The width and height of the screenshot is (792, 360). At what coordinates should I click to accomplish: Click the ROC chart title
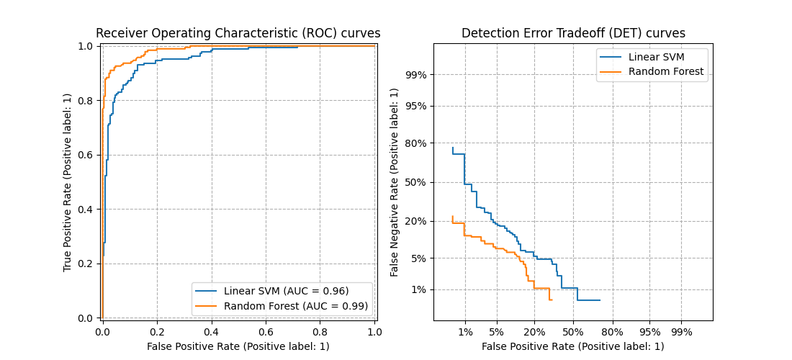[x=238, y=33]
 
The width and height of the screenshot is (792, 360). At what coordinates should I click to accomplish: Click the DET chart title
[x=573, y=33]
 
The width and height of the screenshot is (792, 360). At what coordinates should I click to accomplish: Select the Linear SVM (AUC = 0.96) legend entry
[x=286, y=291]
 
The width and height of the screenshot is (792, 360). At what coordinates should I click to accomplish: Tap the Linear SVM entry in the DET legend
[x=657, y=57]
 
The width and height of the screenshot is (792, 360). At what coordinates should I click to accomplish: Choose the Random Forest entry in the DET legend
[x=666, y=71]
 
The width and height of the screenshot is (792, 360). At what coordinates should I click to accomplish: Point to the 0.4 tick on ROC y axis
[x=88, y=210]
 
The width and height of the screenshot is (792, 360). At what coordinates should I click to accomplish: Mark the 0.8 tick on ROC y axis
[x=88, y=101]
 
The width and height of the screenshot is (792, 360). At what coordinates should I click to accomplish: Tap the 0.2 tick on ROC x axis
[x=157, y=332]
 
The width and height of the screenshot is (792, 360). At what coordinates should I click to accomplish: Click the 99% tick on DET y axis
[x=417, y=75]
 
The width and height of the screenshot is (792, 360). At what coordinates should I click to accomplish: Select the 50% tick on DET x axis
[x=573, y=332]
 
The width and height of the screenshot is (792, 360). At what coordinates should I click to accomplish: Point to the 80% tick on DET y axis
[x=417, y=143]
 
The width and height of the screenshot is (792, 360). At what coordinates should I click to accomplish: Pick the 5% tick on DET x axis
[x=496, y=332]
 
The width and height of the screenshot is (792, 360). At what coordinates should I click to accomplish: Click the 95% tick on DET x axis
[x=649, y=332]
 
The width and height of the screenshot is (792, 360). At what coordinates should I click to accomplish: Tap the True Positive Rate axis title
[x=68, y=182]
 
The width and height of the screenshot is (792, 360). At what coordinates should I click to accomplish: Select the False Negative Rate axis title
[x=395, y=182]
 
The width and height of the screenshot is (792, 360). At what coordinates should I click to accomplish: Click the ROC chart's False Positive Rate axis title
[x=238, y=346]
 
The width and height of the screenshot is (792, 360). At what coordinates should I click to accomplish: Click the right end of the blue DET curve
[x=600, y=300]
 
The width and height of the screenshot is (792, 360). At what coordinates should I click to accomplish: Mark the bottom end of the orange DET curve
[x=551, y=300]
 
